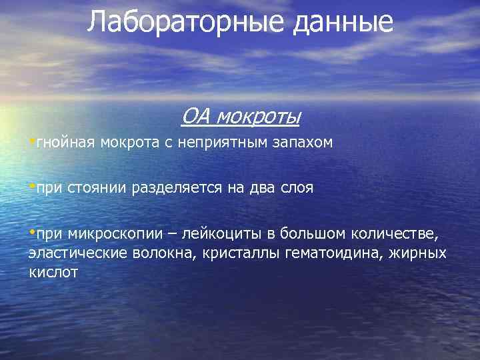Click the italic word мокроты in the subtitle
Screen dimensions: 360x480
257,118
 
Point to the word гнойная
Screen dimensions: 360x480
66,143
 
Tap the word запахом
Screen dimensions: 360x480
305,143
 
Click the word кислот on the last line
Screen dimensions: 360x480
53,272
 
